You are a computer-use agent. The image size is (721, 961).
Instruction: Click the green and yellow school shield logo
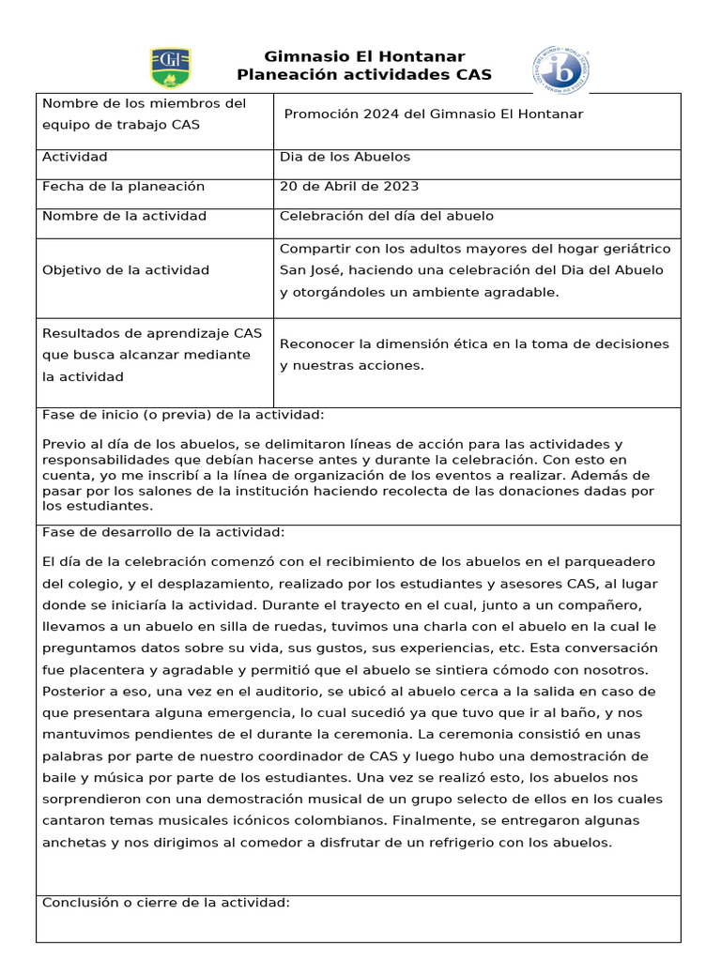170,68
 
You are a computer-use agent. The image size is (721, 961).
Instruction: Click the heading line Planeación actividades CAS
364,75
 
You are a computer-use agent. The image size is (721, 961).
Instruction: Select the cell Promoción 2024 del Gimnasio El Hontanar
433,114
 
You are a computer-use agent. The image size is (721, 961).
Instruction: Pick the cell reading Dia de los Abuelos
345,157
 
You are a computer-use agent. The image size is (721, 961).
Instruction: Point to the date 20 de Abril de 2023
349,187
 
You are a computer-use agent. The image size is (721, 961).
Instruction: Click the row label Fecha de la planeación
123,187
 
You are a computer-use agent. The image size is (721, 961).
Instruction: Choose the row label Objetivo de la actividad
126,270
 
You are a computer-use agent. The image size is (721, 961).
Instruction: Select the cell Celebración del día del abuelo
386,216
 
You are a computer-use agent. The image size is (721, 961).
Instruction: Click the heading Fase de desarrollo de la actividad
163,533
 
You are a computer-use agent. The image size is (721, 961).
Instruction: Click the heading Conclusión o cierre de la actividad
166,903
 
